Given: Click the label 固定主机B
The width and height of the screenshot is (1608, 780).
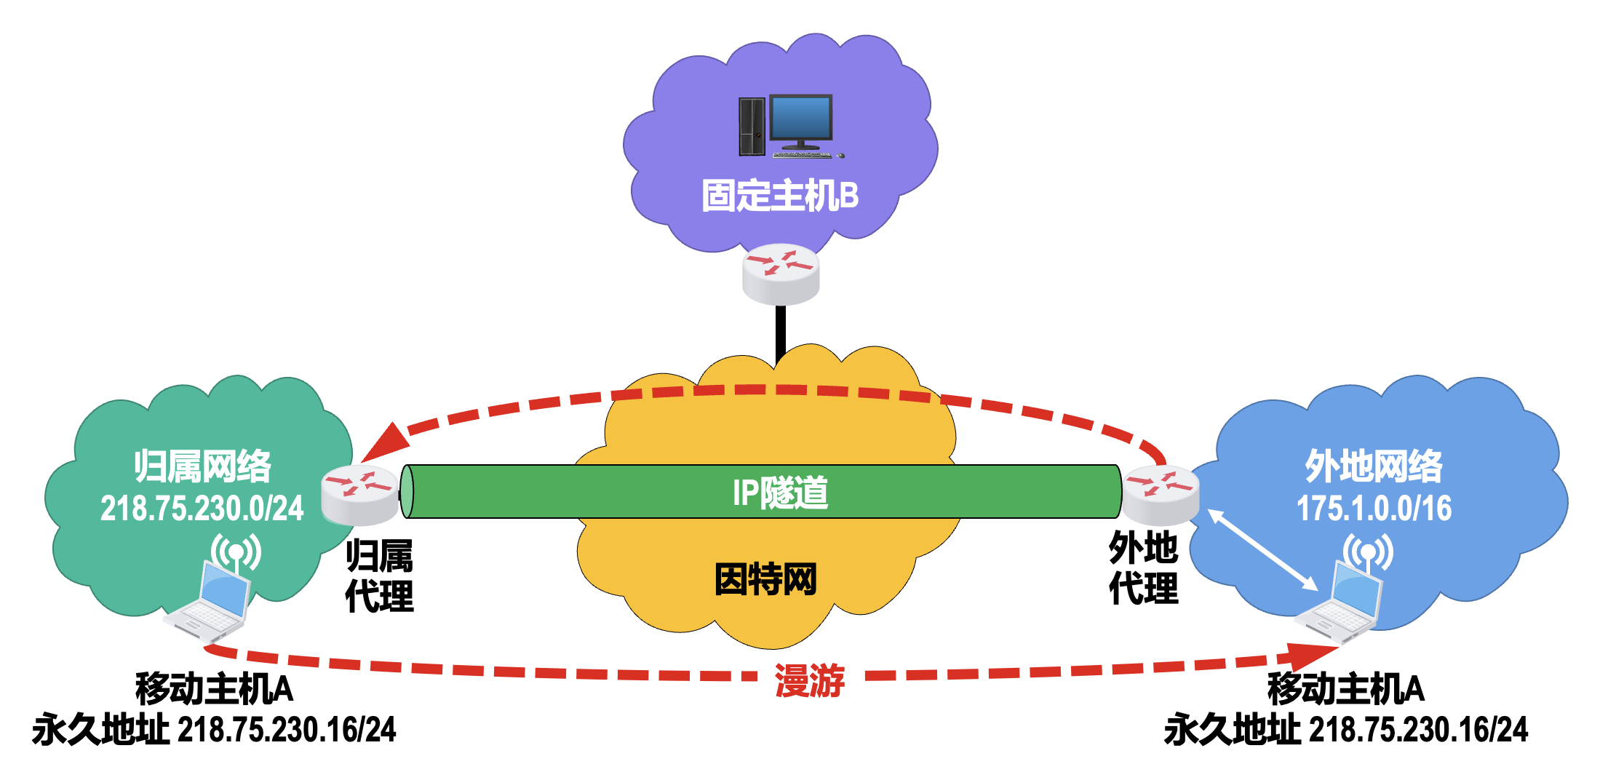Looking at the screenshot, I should [780, 196].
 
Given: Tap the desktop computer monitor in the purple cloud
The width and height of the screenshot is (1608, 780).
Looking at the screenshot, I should [800, 119].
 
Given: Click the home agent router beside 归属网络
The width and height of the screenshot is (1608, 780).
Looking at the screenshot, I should [360, 495].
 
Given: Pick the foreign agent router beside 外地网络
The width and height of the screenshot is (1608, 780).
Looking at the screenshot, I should [1161, 495].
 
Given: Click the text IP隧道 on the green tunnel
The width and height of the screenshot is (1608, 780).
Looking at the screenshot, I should [780, 493].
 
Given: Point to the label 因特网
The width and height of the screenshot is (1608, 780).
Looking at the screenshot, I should [765, 579].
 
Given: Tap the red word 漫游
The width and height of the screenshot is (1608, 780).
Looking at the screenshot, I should [810, 680].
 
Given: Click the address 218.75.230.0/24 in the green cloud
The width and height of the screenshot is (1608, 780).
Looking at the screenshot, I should [202, 508].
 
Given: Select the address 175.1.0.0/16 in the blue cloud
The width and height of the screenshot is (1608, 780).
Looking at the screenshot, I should [1374, 508].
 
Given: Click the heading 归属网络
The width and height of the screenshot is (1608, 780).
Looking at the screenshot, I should [202, 466].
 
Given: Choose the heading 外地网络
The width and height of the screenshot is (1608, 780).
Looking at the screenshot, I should [1373, 466].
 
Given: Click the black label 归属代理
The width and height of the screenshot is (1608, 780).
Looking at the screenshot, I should [379, 576].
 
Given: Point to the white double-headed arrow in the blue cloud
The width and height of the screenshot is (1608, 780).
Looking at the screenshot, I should [1262, 549].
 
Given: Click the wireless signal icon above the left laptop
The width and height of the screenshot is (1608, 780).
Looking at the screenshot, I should [236, 552].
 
